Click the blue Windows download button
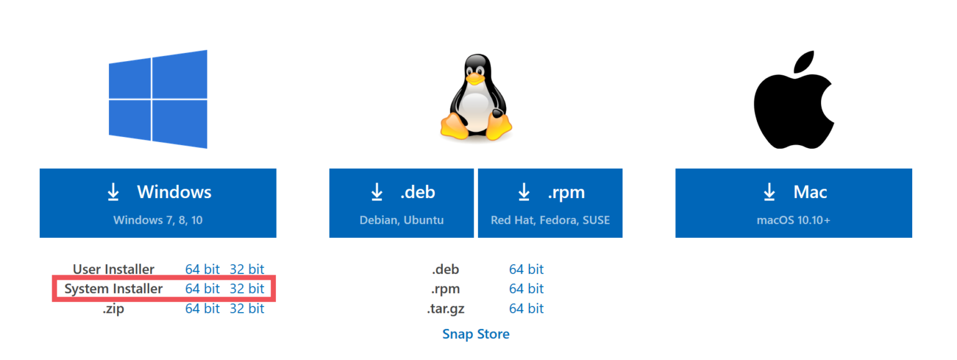pyautogui.click(x=158, y=202)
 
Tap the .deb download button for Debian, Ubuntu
pyautogui.click(x=401, y=202)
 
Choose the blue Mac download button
pyautogui.click(x=793, y=202)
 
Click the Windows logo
pyautogui.click(x=158, y=100)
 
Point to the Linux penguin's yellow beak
pyautogui.click(x=475, y=78)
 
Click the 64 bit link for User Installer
pyautogui.click(x=202, y=270)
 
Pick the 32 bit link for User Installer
pyautogui.click(x=247, y=270)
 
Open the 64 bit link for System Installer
pyautogui.click(x=202, y=289)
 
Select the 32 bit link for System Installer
pyautogui.click(x=247, y=289)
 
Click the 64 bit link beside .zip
pyautogui.click(x=202, y=308)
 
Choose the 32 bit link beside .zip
pyautogui.click(x=247, y=308)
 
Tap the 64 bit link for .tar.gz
pyautogui.click(x=526, y=308)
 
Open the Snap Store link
pyautogui.click(x=475, y=334)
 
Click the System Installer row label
pyautogui.click(x=113, y=289)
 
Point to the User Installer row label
pyautogui.click(x=113, y=270)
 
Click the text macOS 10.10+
pyautogui.click(x=793, y=220)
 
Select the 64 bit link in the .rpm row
pyautogui.click(x=526, y=289)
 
